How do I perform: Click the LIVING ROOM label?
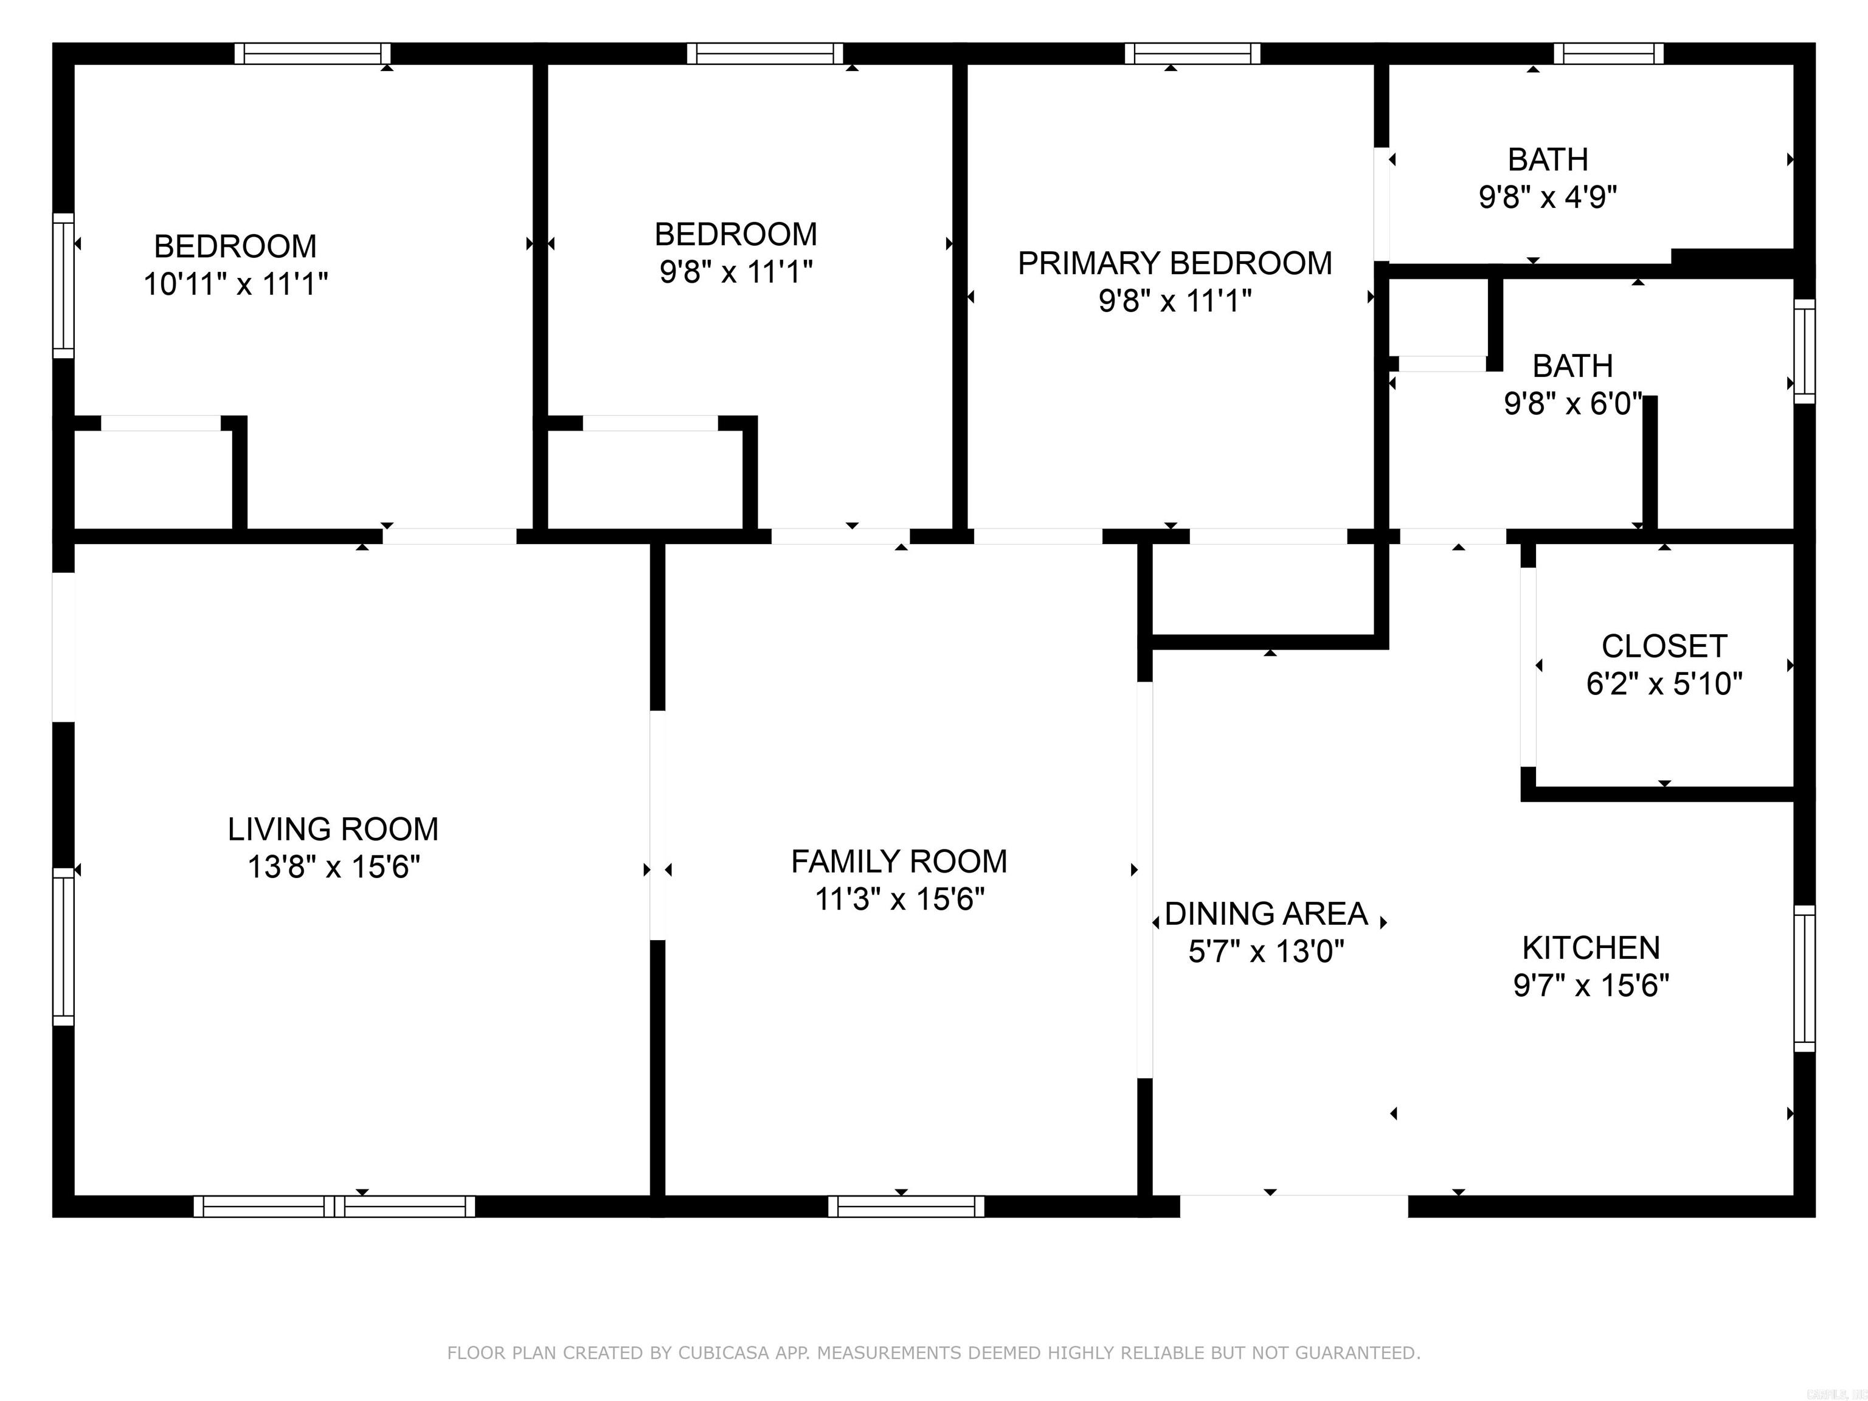(x=333, y=829)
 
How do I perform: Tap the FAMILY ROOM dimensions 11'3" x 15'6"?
(x=899, y=899)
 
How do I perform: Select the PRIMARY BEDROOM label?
(x=1174, y=263)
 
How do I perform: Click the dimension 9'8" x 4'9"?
(x=1547, y=198)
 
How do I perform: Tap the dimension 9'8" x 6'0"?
(x=1572, y=404)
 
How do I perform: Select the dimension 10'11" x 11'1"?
(x=235, y=285)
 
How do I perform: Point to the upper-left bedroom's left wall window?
(x=63, y=285)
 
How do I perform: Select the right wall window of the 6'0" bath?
(x=1804, y=350)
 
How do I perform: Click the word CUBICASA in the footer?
(x=723, y=1353)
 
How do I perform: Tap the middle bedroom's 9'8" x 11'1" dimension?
(x=736, y=272)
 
